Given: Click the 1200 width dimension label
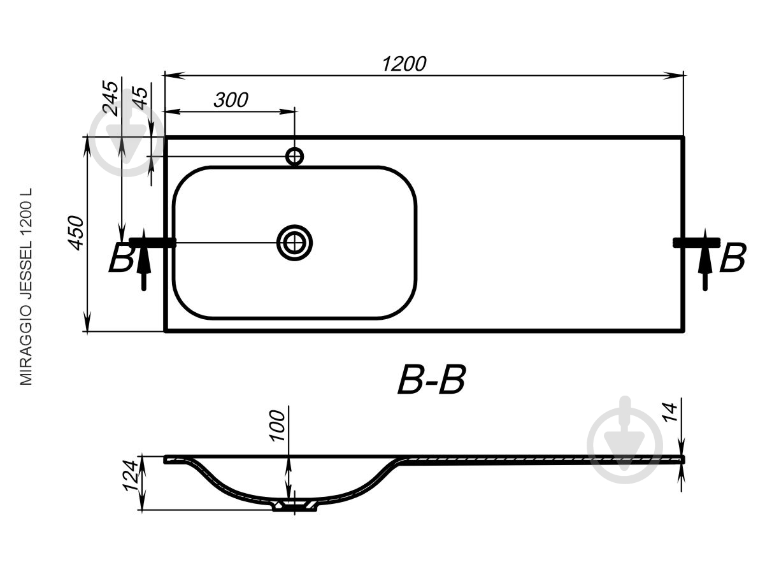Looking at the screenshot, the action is click(x=404, y=64).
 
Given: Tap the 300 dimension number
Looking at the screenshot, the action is click(x=231, y=99).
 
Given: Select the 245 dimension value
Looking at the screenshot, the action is click(x=111, y=98).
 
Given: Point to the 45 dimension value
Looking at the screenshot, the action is click(x=140, y=98).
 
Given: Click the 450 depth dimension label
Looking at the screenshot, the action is click(x=75, y=233).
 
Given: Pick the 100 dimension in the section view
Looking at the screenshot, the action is click(x=278, y=426).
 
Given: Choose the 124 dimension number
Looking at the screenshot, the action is click(x=130, y=476).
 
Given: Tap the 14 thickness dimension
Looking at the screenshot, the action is click(x=669, y=412).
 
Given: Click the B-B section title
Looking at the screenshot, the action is click(x=431, y=380).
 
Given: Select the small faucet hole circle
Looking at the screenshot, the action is click(x=294, y=157).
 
